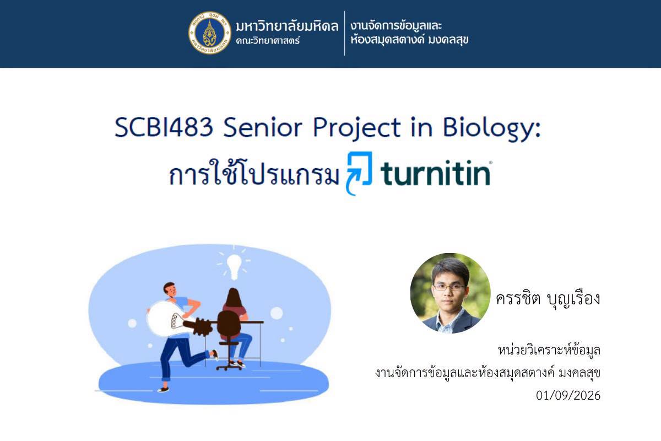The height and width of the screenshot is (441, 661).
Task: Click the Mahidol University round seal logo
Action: pos(210,33)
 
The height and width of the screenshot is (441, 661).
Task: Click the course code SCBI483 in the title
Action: pos(164,127)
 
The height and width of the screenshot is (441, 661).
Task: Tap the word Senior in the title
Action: pos(263,127)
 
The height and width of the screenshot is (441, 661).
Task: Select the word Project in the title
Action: pos(357,129)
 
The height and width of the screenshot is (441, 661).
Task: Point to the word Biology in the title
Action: pos(492,129)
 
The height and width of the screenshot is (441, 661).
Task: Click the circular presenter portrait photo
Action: pos(451,293)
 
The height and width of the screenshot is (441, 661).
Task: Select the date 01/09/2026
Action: pos(568,395)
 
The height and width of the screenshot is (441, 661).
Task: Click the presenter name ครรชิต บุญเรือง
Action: pos(548,299)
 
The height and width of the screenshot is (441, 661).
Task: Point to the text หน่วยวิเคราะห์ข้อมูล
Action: pos(549,351)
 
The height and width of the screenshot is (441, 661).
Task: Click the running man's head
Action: pos(170,289)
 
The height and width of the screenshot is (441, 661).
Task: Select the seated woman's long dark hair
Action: pos(234,298)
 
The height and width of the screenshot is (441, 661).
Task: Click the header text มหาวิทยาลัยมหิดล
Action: pos(287,26)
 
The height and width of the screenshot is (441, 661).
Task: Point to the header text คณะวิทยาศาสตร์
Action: pos(268,41)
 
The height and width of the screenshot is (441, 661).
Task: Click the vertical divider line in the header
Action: pos(344,33)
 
